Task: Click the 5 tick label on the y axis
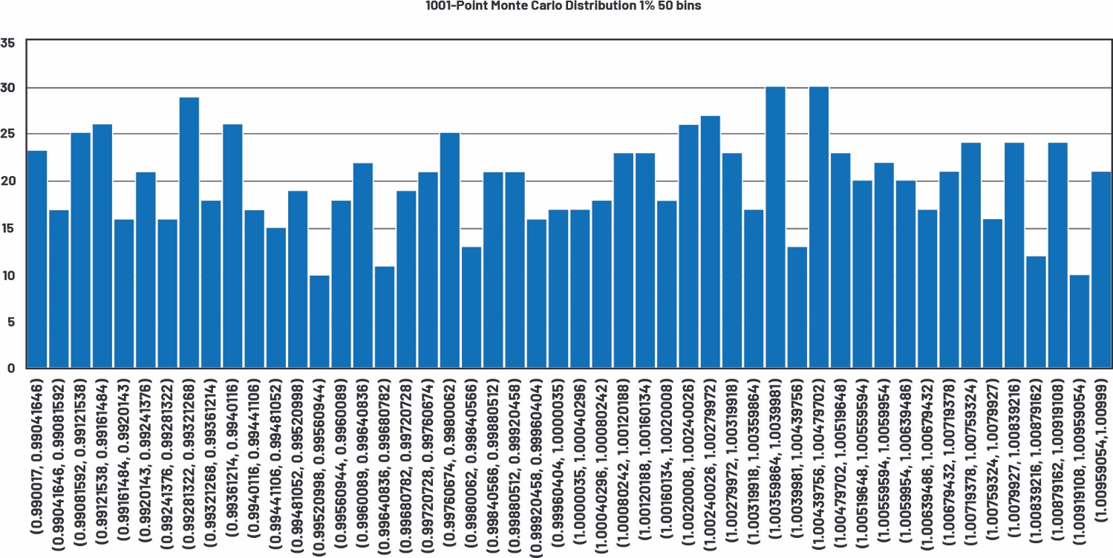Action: coord(10,322)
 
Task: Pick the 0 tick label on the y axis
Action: coord(10,369)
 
